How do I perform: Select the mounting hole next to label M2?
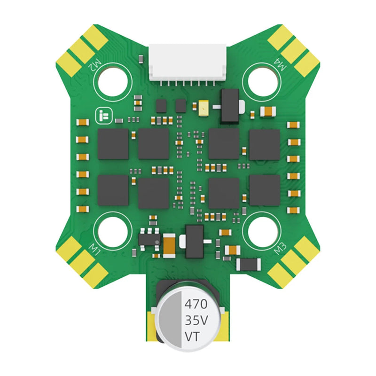coord(112,80)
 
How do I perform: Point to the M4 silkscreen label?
coord(281,65)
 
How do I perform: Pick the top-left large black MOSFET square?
coord(113,144)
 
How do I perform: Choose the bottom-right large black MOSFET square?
coord(264,190)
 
